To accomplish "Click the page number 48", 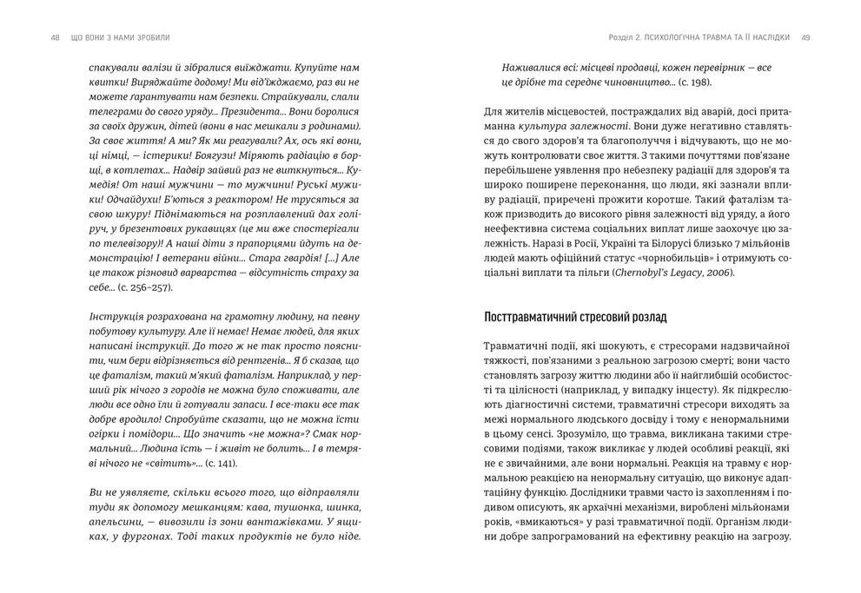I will pyautogui.click(x=56, y=37).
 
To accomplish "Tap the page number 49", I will pyautogui.click(x=805, y=37).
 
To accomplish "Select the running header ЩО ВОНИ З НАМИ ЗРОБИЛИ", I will pyautogui.click(x=121, y=37).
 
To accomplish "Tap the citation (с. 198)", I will pyautogui.click(x=692, y=82).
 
